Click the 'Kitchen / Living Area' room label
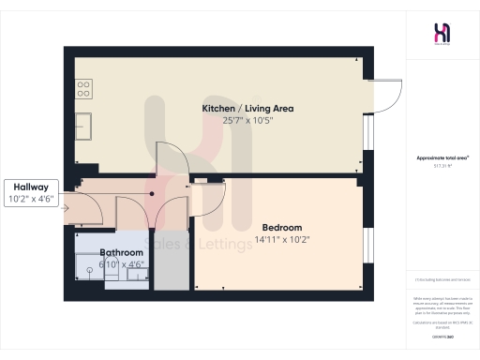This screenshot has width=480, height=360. click(x=247, y=109)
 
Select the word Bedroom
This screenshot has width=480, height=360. click(x=281, y=228)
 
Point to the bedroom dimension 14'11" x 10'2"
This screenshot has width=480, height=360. click(x=281, y=240)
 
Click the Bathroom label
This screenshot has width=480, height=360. click(x=122, y=253)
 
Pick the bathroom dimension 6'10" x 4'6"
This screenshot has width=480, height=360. click(x=122, y=264)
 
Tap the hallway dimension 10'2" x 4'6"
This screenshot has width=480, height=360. click(x=33, y=199)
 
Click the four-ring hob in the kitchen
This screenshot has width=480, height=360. click(x=83, y=90)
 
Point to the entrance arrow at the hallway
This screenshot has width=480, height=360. click(x=65, y=208)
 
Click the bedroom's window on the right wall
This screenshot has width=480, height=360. click(x=367, y=246)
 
